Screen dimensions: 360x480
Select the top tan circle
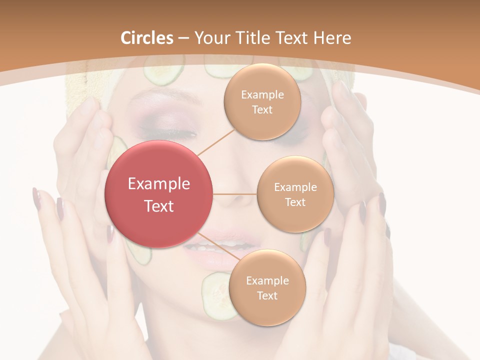click(x=262, y=101)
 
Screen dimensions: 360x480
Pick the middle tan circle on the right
click(x=295, y=194)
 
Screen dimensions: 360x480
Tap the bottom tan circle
click(x=267, y=287)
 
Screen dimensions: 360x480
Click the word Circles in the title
click(x=147, y=38)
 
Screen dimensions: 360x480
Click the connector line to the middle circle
click(x=235, y=194)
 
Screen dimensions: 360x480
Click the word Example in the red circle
click(x=159, y=184)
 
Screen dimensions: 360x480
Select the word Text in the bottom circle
click(x=267, y=295)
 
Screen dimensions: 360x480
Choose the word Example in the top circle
click(x=262, y=94)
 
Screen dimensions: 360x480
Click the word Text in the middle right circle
click(x=295, y=202)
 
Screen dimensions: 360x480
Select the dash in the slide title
click(x=183, y=38)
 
